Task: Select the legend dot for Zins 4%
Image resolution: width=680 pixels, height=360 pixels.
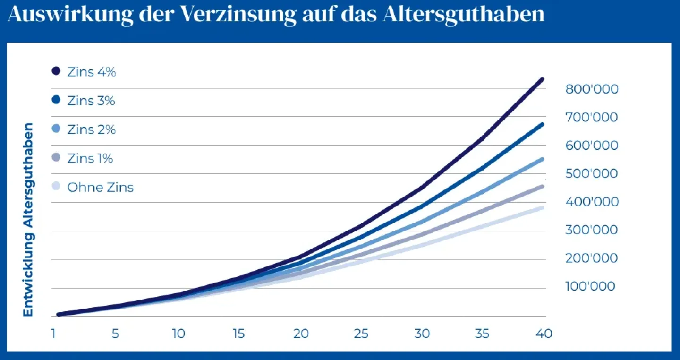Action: (57, 71)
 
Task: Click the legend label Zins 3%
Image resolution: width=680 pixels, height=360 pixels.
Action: (91, 101)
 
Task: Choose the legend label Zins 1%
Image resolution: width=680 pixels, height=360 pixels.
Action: (90, 158)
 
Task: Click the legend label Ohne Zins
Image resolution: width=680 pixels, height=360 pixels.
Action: (100, 187)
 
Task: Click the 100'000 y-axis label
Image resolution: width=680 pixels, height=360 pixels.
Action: (590, 286)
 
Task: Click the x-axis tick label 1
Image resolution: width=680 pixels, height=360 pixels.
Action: (54, 334)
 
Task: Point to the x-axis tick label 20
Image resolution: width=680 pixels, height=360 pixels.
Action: (301, 334)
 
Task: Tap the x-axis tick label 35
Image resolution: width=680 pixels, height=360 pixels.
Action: (482, 334)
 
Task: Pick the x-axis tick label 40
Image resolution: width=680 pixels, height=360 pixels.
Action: (544, 334)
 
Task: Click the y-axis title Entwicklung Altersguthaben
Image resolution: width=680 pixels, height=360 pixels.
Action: (29, 220)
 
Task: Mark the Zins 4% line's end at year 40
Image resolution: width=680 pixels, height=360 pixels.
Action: (542, 79)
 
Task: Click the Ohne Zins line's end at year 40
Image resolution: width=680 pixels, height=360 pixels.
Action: (542, 208)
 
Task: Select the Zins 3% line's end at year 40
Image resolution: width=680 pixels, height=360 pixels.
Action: (542, 125)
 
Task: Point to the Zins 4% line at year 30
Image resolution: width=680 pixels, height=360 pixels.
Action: (421, 188)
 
